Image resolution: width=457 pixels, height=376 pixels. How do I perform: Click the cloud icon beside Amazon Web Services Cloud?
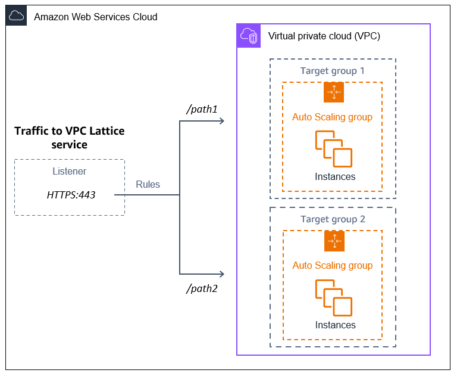17,16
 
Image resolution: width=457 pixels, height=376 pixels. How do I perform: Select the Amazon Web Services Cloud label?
95,17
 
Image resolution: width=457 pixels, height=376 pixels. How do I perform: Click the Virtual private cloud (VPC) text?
324,36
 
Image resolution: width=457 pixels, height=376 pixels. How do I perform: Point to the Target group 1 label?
332,71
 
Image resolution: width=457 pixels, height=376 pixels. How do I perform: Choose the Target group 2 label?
332,219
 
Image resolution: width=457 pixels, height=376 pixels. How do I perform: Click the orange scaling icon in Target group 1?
334,92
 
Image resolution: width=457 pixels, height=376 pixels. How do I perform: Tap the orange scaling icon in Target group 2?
334,241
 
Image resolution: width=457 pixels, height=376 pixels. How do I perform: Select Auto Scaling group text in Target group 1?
332,117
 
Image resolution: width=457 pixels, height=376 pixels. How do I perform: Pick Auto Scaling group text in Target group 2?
332,265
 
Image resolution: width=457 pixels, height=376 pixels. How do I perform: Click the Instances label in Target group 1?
335,176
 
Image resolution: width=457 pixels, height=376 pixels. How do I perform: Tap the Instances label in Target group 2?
335,325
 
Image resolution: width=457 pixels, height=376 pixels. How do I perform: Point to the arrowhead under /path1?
221,122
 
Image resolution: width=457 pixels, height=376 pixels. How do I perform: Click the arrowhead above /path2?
221,274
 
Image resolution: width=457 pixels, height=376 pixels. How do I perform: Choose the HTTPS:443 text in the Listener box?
71,194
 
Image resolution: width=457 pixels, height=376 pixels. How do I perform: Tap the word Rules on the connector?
148,184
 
